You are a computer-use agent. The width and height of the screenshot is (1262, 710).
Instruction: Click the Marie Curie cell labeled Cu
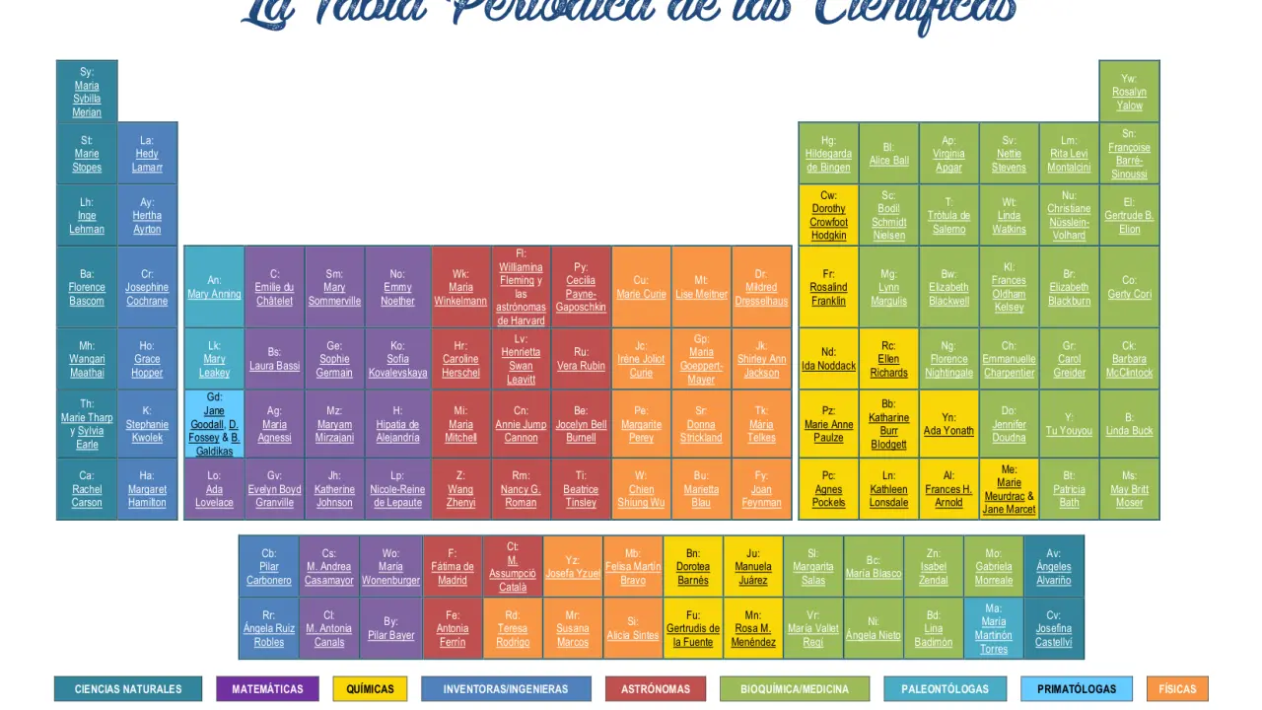point(641,287)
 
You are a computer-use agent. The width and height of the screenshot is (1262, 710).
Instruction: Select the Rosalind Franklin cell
point(828,287)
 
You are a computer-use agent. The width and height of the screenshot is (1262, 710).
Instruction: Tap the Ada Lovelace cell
point(214,489)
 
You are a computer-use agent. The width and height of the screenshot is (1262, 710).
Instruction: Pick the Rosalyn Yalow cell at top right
point(1129,92)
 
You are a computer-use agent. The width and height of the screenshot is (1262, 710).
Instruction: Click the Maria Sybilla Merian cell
point(87,92)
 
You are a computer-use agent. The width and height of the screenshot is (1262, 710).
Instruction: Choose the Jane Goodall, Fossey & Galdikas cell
point(214,424)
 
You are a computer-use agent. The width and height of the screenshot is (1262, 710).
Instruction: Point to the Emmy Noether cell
point(397,287)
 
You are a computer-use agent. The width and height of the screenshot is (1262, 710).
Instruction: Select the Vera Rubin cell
point(581,359)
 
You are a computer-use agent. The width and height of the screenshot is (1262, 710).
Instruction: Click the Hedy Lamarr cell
point(147,154)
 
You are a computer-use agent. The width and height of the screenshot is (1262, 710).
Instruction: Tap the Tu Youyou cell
point(1069,424)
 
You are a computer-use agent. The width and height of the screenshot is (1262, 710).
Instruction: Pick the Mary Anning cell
point(214,287)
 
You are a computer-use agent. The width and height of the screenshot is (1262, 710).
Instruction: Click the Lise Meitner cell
point(701,287)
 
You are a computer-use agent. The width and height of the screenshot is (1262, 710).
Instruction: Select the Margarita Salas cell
point(813,567)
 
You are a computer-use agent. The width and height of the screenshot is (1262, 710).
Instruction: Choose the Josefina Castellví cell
point(1054,628)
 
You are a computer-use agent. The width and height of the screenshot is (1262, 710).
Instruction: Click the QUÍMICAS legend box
point(370,689)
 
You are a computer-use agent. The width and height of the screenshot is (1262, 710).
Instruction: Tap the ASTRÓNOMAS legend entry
point(656,689)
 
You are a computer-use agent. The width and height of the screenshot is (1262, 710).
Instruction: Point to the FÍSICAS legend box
point(1177,689)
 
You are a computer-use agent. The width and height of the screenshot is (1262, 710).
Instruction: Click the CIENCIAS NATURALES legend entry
point(128,689)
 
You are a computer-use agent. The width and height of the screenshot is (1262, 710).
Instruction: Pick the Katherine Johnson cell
point(334,489)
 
